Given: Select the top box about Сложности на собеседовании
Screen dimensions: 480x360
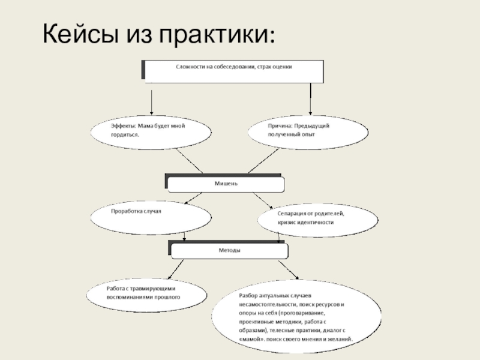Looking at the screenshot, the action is click(x=234, y=71).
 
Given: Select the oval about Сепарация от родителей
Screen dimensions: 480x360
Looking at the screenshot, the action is click(x=318, y=218).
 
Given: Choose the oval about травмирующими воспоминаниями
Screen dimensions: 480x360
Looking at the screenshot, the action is click(x=147, y=293).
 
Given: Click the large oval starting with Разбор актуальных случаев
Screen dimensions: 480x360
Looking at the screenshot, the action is click(x=298, y=318).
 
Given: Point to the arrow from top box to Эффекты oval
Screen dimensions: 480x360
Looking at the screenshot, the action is click(x=151, y=101).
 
